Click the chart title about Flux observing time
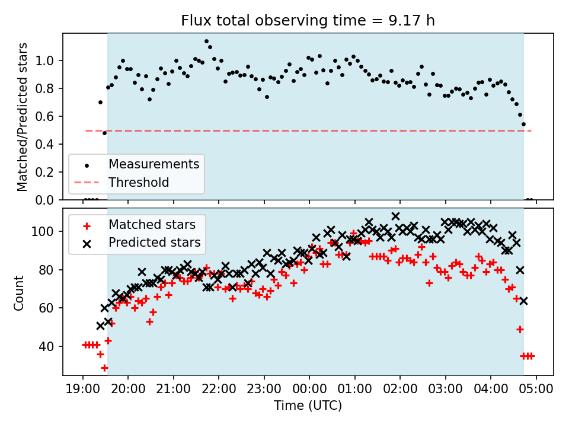[308, 21]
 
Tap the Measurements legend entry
[153, 164]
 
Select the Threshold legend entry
[138, 182]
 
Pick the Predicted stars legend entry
[154, 243]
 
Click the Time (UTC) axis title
[308, 406]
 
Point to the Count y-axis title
[19, 292]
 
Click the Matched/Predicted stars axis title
[23, 117]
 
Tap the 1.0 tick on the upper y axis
[47, 61]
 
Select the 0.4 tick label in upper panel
[47, 145]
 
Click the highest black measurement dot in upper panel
[206, 42]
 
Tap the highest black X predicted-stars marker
[395, 216]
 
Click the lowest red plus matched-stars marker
[104, 368]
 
